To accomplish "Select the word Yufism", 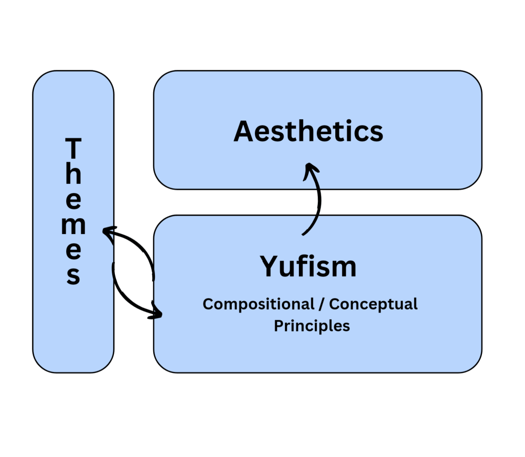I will (x=308, y=266).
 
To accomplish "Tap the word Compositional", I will (x=258, y=304).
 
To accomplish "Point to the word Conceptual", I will (x=373, y=304).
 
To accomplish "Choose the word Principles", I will (x=312, y=326).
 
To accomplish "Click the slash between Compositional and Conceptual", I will (x=321, y=304).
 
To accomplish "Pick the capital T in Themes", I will (x=74, y=149).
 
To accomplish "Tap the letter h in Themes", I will (x=74, y=174).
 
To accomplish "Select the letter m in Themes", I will (x=74, y=226).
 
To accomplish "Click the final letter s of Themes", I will (x=74, y=276).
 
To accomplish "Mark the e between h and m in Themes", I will (x=74, y=201).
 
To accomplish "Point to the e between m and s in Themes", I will (x=74, y=251).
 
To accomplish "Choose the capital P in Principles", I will (x=279, y=326).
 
